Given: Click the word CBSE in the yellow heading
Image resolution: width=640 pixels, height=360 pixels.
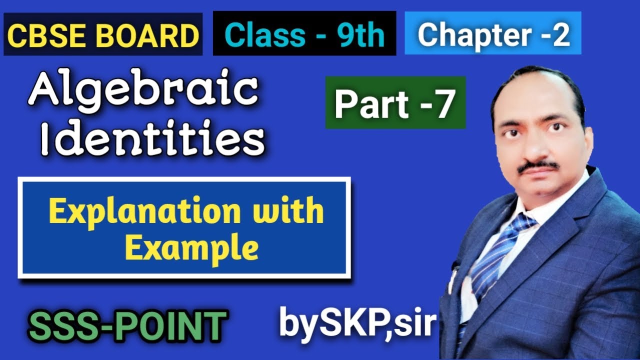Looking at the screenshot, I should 40,36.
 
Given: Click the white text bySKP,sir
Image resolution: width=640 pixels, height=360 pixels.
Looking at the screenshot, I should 357,323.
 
